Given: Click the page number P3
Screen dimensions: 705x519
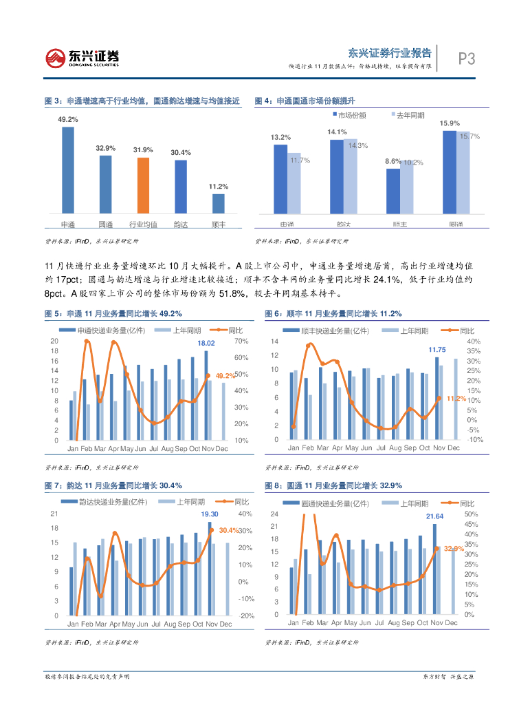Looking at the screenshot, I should pos(467,59).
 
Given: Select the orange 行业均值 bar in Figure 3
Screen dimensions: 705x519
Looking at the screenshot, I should pos(143,185).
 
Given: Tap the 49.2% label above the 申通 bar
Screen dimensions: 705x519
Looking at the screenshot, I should pos(68,119).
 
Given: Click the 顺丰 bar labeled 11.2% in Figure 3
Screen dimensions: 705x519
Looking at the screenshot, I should pos(218,203).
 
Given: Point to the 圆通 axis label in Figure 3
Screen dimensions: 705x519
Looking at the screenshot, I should pos(106,224).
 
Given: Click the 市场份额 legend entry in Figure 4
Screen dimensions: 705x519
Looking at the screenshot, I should pos(352,114).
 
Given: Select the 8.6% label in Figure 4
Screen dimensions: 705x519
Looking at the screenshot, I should pos(393,161).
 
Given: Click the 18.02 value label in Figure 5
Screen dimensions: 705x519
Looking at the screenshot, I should pos(206,343).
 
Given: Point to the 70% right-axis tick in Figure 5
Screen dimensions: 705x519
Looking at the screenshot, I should pos(241,341).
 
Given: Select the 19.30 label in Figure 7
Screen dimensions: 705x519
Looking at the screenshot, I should pos(210,514).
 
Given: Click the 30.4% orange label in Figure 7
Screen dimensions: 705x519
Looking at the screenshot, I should pos(228,530).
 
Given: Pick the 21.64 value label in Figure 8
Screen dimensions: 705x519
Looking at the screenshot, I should pos(434,516).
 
